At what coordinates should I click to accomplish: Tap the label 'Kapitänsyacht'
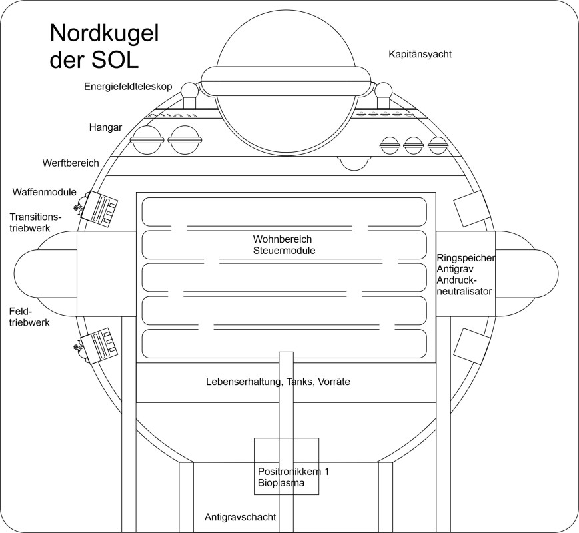point(420,54)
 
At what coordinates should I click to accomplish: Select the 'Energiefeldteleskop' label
point(129,87)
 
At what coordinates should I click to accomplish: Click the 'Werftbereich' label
point(70,163)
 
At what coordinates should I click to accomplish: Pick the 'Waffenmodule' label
point(44,192)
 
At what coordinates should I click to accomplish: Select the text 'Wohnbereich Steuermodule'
point(283,245)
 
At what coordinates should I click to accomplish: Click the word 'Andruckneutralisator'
point(464,286)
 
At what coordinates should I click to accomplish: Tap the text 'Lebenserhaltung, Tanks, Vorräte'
point(278,382)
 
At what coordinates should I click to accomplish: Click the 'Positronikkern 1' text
point(293,472)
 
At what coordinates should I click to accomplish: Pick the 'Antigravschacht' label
point(240,517)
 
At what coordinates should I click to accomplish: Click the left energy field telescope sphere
point(190,90)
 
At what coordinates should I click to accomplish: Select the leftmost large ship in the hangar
point(146,140)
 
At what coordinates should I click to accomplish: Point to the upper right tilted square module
point(470,207)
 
